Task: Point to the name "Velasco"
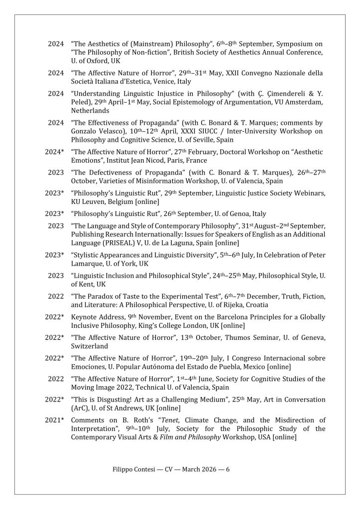(x=114, y=131)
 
